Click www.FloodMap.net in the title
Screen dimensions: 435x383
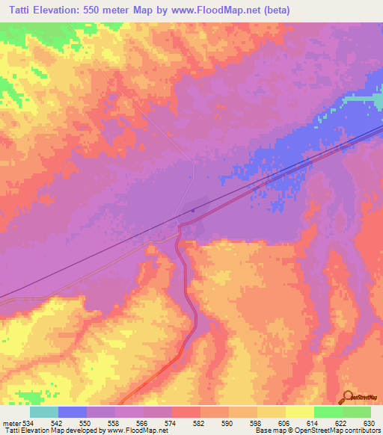[215, 10]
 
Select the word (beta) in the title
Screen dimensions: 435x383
[275, 10]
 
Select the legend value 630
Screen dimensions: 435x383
[369, 422]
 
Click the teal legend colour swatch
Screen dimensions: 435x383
[44, 412]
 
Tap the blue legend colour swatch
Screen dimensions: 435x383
[73, 412]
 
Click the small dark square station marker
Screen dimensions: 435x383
[193, 211]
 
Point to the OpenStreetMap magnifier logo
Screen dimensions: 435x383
[347, 398]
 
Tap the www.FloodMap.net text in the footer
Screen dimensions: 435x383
[138, 431]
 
